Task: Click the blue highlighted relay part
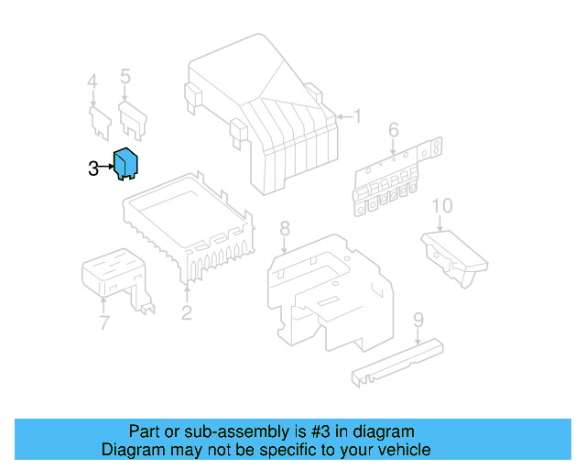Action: pyautogui.click(x=125, y=164)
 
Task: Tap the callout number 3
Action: pyautogui.click(x=93, y=169)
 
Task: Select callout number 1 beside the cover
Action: pyautogui.click(x=358, y=116)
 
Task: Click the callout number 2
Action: pyautogui.click(x=187, y=312)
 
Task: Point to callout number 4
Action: pyautogui.click(x=92, y=82)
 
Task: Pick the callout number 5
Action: pyautogui.click(x=125, y=76)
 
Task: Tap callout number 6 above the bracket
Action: pyautogui.click(x=394, y=130)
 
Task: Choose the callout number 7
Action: pyautogui.click(x=103, y=322)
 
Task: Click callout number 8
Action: pyautogui.click(x=285, y=228)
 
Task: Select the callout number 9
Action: pyautogui.click(x=418, y=320)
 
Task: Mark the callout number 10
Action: pyautogui.click(x=441, y=206)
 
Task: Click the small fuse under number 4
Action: pyautogui.click(x=100, y=123)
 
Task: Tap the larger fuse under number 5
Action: pyautogui.click(x=133, y=120)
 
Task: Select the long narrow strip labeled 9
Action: pyautogui.click(x=397, y=363)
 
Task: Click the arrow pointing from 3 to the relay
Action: pyautogui.click(x=106, y=167)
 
